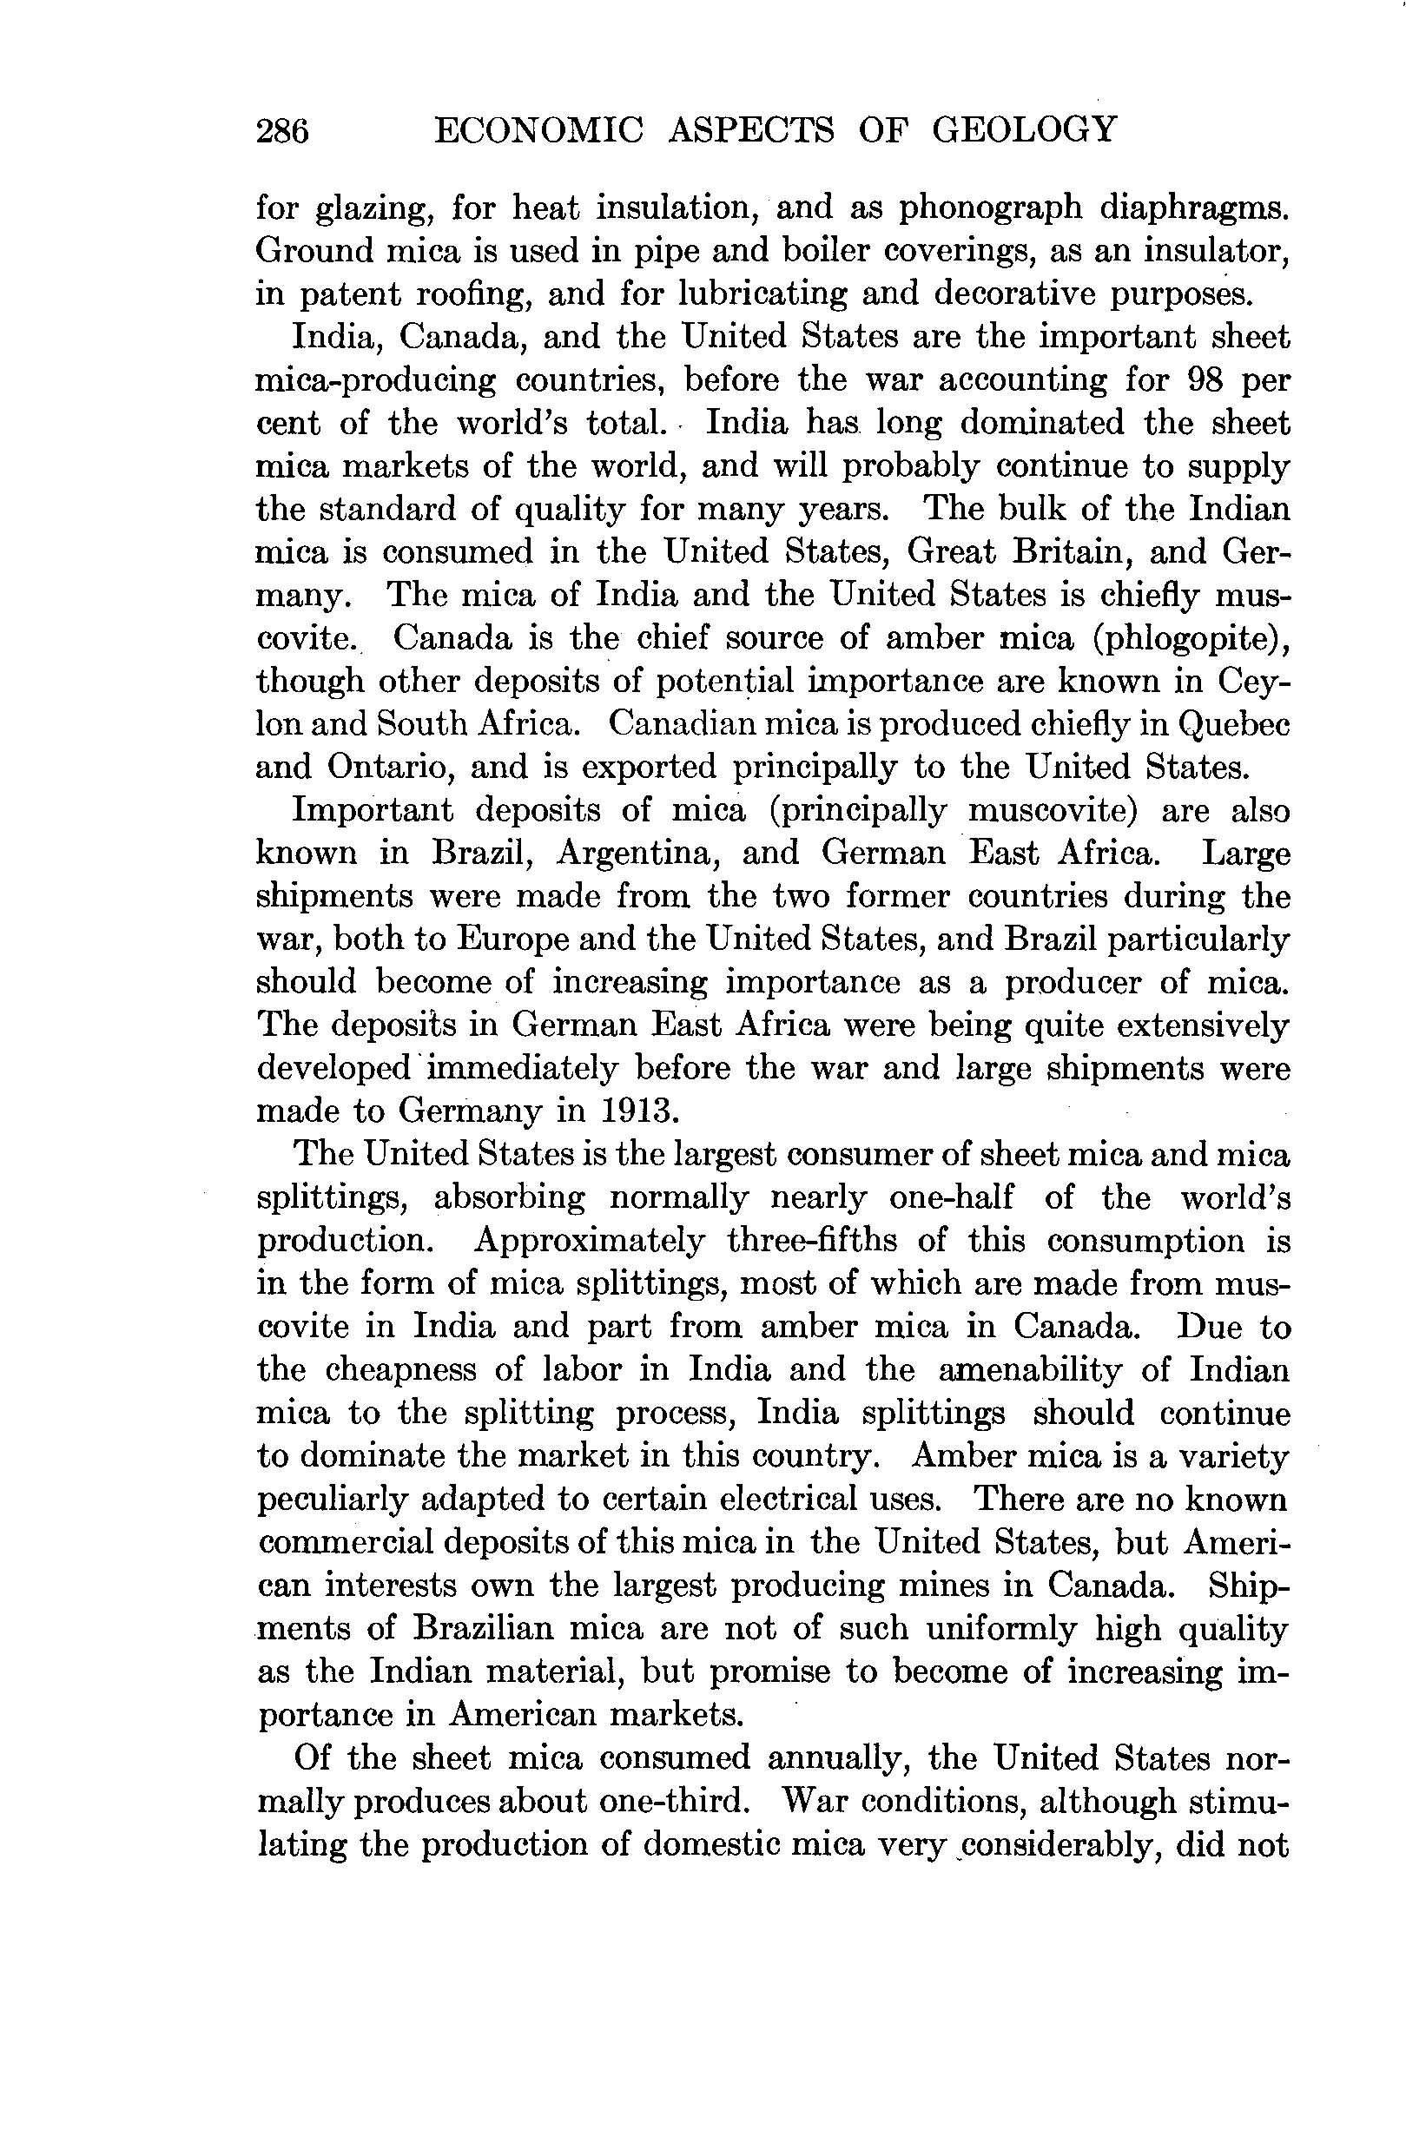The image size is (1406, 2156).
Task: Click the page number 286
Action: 282,131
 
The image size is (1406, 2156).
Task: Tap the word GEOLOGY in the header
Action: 1025,129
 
